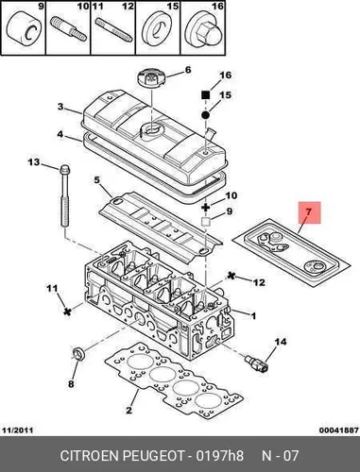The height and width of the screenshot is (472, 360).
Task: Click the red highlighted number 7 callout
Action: (309, 212)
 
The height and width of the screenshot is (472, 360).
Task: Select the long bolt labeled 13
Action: (64, 197)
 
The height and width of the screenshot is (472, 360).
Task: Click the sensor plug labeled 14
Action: (256, 362)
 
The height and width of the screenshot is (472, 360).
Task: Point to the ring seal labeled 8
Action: (79, 353)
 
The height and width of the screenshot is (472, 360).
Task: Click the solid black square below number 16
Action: (205, 94)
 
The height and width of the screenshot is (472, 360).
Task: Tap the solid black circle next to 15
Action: (205, 115)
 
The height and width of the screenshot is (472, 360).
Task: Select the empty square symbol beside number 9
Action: (206, 222)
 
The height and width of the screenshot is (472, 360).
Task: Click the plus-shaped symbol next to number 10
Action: (206, 208)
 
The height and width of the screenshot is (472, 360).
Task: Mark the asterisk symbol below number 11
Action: (66, 312)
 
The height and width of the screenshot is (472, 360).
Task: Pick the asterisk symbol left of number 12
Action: (231, 276)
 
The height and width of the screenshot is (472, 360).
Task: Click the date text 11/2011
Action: (18, 430)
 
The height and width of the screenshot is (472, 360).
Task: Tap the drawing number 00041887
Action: (338, 430)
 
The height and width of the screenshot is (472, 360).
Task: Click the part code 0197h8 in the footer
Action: (219, 455)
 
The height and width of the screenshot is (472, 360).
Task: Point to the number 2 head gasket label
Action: (129, 410)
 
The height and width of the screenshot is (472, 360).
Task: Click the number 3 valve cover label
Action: (60, 107)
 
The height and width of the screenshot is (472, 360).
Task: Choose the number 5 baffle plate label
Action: (96, 180)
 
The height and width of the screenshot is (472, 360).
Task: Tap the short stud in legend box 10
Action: (68, 29)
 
